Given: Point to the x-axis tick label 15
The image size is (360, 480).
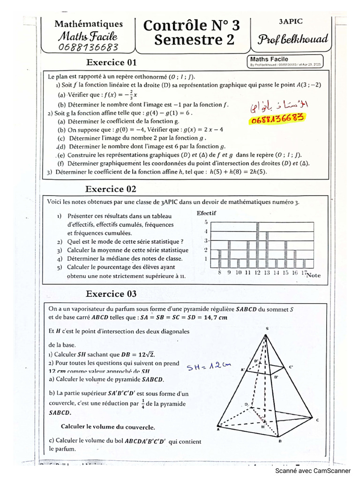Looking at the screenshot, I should [285, 272].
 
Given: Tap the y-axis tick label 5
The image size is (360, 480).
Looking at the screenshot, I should [205, 222].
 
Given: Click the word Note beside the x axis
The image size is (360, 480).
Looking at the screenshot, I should [313, 276].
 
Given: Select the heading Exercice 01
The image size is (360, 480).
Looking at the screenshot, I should [112, 62].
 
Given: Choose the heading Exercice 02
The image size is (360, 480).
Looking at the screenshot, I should [111, 189].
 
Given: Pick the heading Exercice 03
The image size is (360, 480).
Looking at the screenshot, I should [111, 294].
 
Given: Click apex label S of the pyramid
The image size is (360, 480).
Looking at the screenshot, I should [266, 329].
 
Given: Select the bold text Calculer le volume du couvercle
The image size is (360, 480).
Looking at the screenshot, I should [108, 427].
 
